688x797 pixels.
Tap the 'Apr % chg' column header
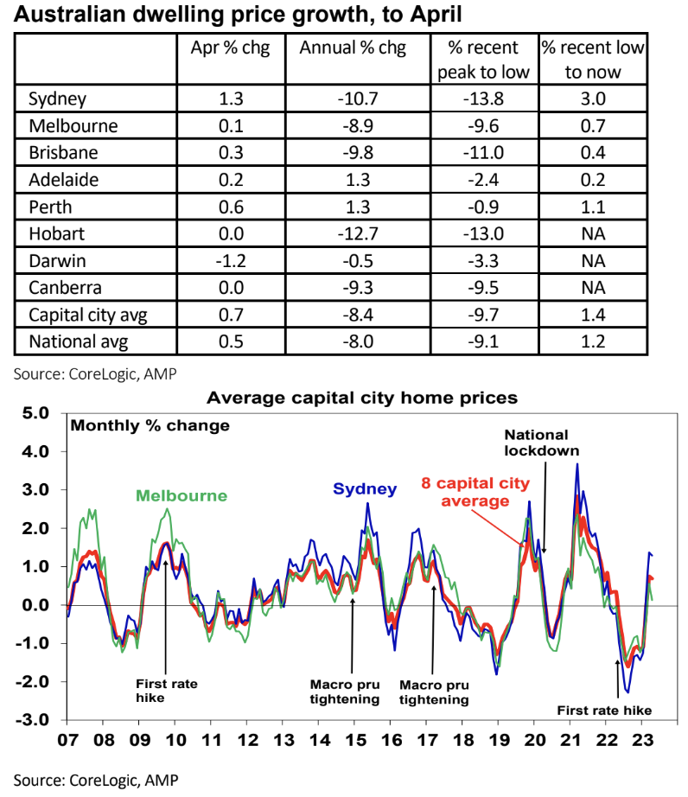230,48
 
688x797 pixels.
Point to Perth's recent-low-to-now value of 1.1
592,207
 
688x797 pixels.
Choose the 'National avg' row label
79,341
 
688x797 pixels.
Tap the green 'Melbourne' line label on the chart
181,496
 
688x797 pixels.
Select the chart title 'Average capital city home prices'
361,398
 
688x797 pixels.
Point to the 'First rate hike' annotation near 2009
167,691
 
